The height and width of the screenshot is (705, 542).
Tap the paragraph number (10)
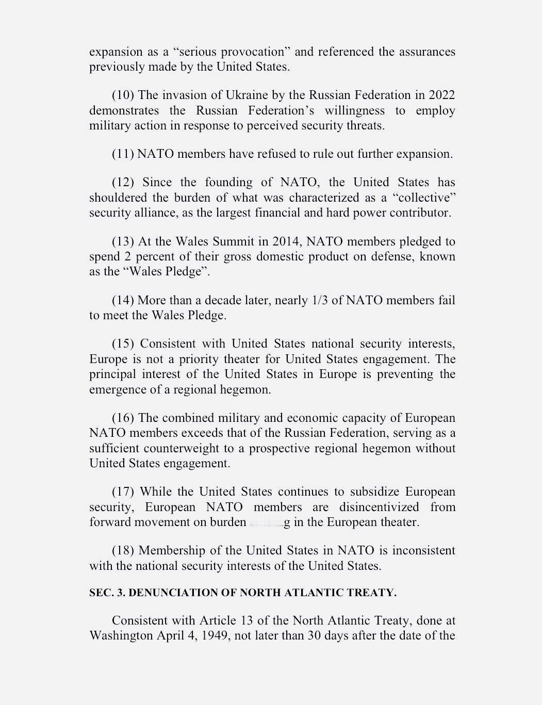[x=123, y=95]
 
